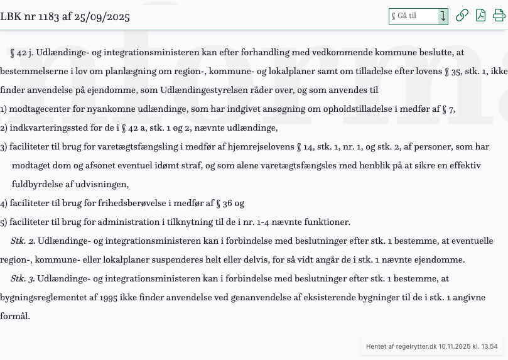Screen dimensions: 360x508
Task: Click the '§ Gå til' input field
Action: pos(413,16)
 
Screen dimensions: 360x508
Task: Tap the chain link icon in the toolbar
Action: pos(462,16)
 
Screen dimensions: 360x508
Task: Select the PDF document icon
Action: pos(480,16)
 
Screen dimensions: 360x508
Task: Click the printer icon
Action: pos(499,16)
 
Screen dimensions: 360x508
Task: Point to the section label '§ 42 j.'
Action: pos(22,53)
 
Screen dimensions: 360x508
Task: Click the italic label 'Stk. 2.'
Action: pos(23,241)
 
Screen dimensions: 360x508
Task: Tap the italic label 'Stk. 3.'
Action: pos(23,279)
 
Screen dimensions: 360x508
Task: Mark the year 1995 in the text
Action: pos(108,298)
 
